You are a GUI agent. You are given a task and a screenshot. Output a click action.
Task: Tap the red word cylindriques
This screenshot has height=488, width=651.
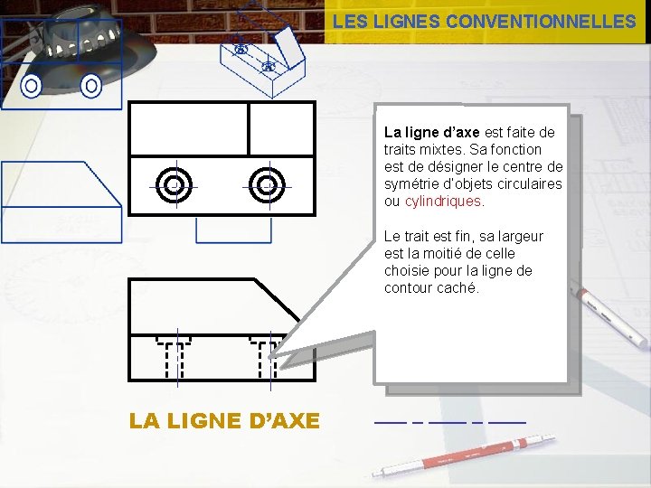point(442,202)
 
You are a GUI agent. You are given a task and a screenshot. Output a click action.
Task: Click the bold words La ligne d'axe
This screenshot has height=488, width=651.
point(432,132)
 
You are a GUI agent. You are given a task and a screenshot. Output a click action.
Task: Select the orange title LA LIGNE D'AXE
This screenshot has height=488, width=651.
point(224,420)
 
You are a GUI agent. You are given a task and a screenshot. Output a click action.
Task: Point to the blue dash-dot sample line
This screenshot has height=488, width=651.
point(450,422)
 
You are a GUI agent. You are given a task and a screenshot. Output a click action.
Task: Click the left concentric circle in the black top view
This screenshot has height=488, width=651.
point(174,185)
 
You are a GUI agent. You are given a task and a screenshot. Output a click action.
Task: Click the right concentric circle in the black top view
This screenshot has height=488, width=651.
point(267,185)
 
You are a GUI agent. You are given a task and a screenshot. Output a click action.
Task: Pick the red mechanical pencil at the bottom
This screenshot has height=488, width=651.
point(464,455)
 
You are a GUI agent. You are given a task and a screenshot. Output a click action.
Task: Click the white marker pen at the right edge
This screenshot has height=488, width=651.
point(609,314)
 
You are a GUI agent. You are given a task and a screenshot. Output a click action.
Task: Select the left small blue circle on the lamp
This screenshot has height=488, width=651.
point(31,86)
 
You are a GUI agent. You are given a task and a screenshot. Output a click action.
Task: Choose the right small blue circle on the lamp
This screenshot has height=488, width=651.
point(91,86)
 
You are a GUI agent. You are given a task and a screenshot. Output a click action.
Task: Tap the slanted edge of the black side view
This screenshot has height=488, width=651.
point(277,300)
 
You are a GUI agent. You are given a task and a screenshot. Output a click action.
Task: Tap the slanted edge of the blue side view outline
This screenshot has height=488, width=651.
point(103,183)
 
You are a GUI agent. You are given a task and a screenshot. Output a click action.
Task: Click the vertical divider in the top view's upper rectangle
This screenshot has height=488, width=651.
point(249,129)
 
